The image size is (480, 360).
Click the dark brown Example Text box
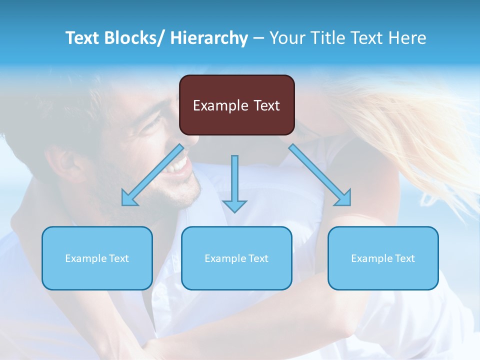tap(236, 105)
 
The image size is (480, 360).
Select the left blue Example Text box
tap(97, 258)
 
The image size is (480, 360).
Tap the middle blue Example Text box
tap(236, 258)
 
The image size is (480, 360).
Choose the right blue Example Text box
tap(383, 258)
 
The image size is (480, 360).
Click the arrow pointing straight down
tap(234, 183)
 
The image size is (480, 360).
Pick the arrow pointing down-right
tap(320, 174)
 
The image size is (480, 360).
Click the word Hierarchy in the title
tap(209, 38)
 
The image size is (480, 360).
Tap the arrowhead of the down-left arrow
tap(129, 199)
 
